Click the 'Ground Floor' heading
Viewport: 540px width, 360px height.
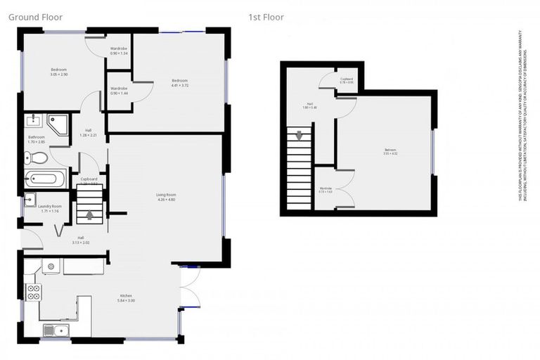[x=34, y=16]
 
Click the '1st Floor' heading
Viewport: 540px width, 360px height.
[x=266, y=16]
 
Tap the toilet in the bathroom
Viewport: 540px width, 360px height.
[x=40, y=157]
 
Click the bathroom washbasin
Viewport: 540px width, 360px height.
[x=32, y=120]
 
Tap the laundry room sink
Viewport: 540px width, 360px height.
[x=29, y=200]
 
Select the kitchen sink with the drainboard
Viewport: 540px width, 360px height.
[x=54, y=329]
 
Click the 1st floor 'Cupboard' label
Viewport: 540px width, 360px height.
[x=346, y=79]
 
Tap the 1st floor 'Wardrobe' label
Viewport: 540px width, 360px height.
[x=326, y=188]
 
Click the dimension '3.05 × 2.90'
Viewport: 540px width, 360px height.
[x=58, y=74]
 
